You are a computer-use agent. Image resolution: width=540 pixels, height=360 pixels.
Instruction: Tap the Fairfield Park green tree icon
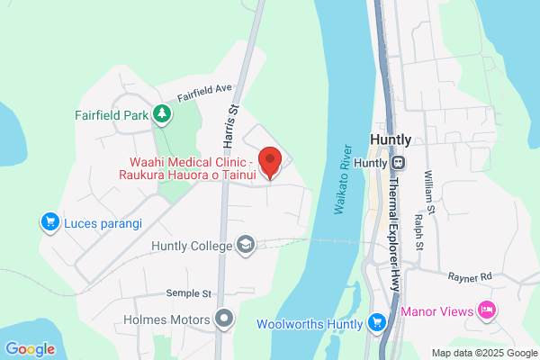click(x=161, y=114)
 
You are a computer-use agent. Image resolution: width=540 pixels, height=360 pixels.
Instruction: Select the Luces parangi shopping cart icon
click(x=50, y=220)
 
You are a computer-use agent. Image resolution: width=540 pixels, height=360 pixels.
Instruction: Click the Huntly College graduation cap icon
click(x=245, y=245)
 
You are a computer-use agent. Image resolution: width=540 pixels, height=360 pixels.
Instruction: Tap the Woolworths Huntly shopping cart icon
click(x=376, y=322)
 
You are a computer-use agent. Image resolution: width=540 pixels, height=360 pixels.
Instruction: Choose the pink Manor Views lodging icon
click(x=487, y=310)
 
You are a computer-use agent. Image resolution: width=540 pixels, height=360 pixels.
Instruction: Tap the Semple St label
click(x=188, y=293)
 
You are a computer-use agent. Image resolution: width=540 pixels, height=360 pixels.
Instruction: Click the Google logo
click(x=30, y=348)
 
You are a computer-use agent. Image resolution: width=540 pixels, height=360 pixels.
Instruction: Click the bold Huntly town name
click(x=391, y=140)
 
